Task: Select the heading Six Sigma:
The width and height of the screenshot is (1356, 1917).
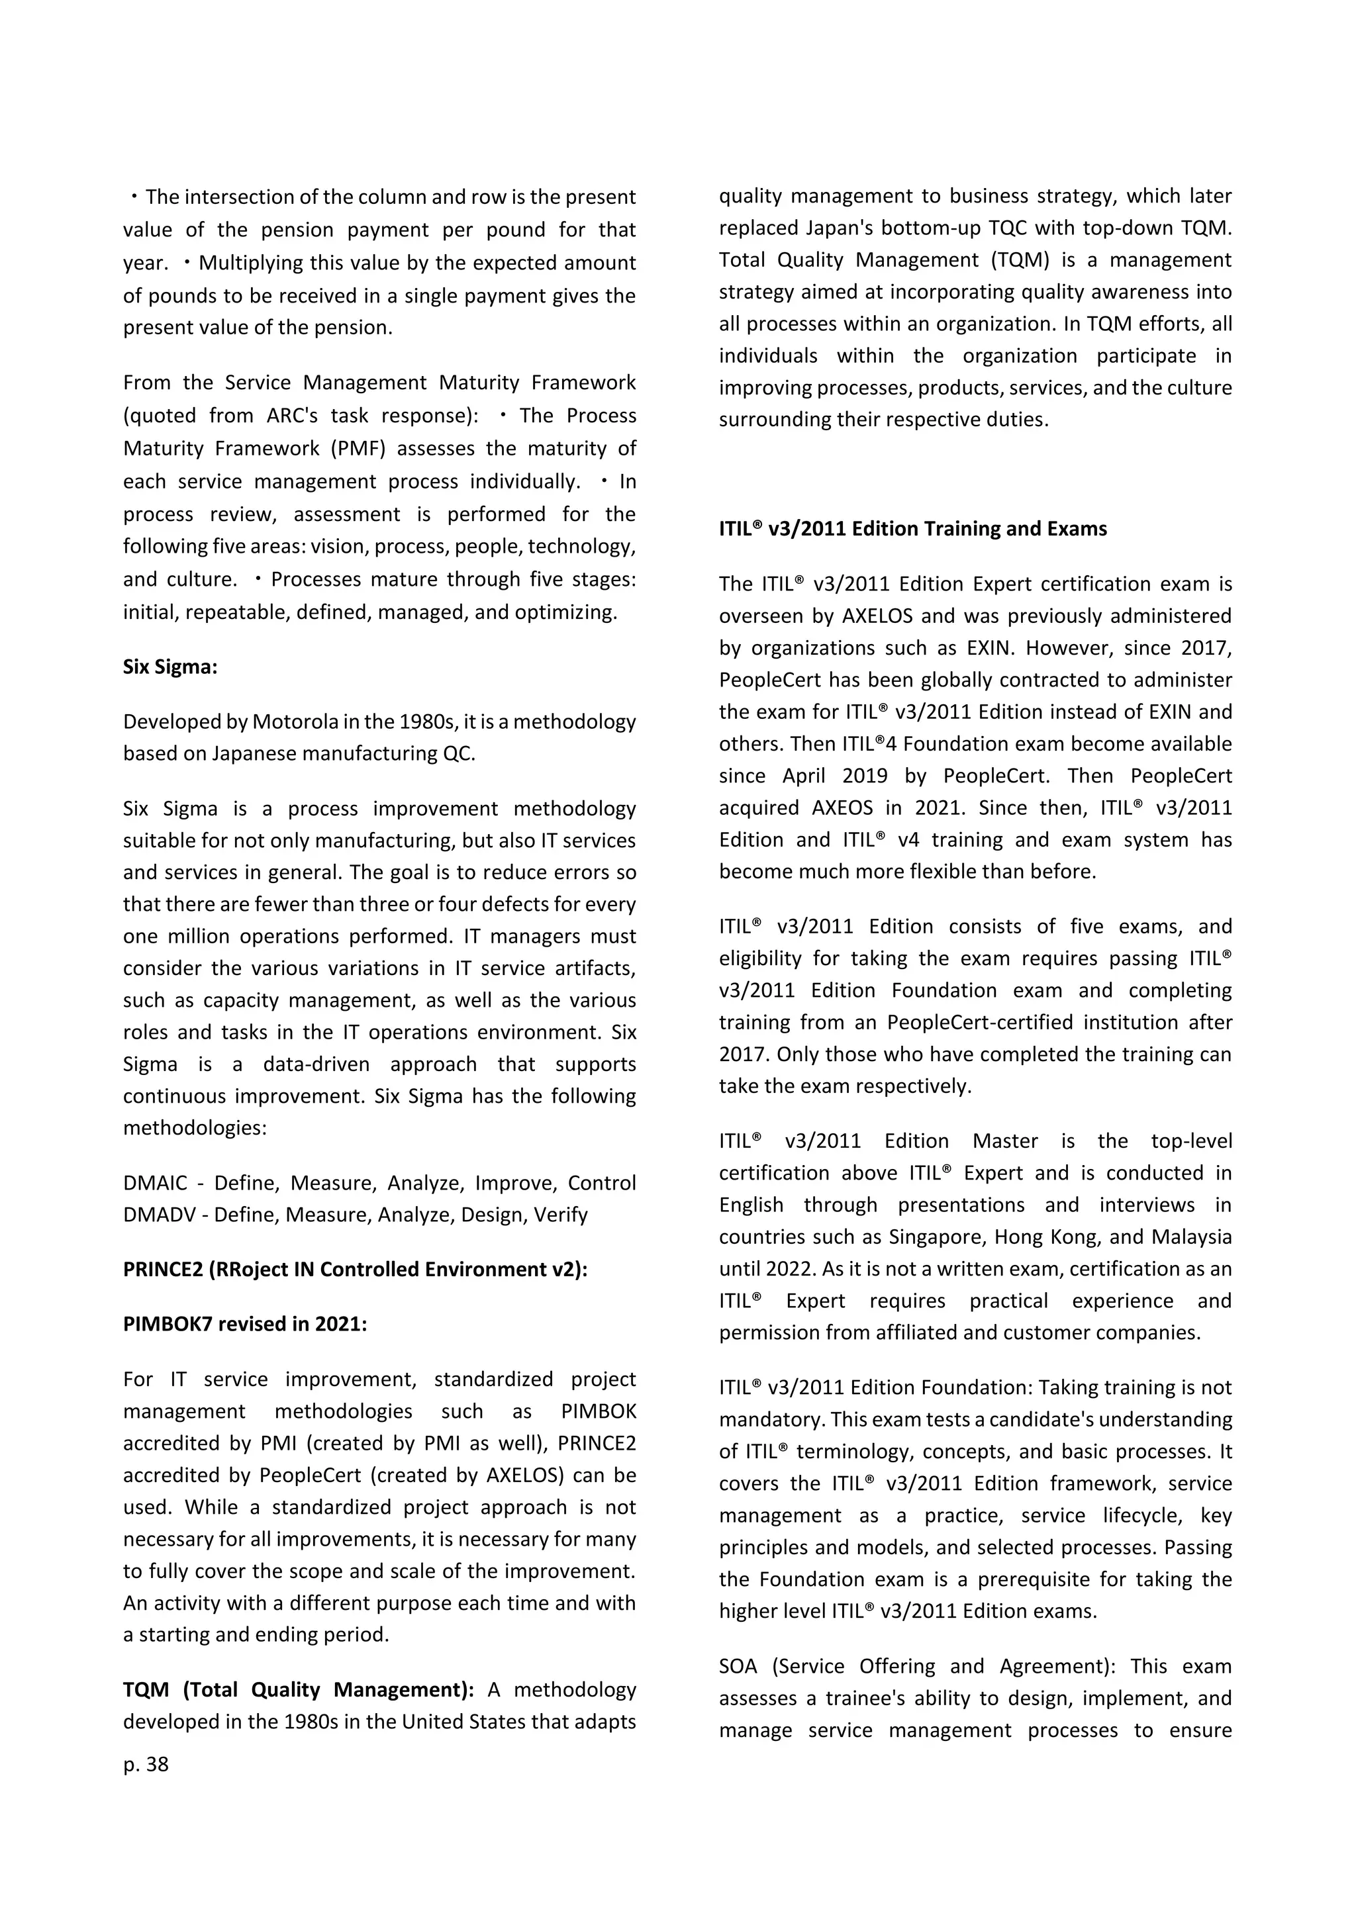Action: pos(169,667)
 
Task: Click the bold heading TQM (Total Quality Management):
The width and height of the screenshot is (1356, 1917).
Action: pos(298,1691)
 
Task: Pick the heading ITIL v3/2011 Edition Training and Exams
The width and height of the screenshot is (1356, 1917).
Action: pos(912,528)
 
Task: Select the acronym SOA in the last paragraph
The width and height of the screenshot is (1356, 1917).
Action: pos(738,1667)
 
